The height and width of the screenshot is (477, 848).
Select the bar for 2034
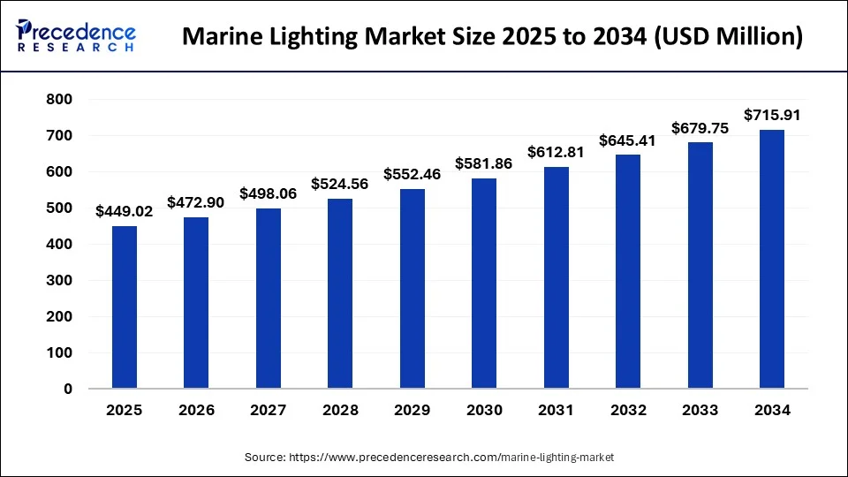(772, 259)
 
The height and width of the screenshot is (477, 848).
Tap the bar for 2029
(413, 289)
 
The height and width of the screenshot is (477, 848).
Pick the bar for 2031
(556, 277)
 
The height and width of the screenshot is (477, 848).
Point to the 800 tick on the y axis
(59, 100)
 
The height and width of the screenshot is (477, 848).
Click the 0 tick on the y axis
(67, 389)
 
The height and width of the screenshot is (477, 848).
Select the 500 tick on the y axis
(59, 208)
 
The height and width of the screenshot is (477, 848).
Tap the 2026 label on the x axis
(196, 411)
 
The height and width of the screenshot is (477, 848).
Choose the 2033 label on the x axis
(700, 411)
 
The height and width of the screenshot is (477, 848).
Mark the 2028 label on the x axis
(340, 411)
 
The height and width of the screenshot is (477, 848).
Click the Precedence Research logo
(76, 37)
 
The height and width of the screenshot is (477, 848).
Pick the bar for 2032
(628, 271)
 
